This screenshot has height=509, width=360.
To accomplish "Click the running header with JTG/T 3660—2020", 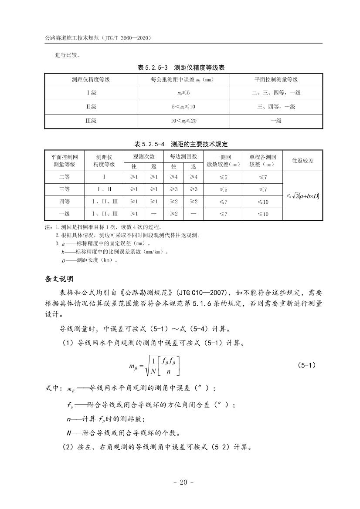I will (98, 38).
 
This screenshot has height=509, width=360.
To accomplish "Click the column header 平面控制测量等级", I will (276, 80).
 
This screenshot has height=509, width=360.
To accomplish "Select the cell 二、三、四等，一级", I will (276, 93).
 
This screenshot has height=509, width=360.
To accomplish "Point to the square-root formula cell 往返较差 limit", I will (302, 196).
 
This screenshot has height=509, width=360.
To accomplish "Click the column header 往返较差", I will (302, 161).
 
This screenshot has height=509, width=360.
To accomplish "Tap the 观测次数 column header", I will (144, 156).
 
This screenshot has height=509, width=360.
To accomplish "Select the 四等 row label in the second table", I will (65, 202).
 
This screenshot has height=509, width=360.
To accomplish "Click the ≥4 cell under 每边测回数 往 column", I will (173, 177).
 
